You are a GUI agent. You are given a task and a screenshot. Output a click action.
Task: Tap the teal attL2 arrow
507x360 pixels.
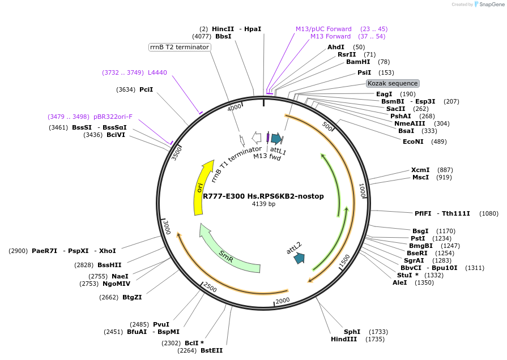pos(299,258)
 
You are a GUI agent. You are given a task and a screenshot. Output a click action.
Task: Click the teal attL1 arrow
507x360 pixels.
pos(276,138)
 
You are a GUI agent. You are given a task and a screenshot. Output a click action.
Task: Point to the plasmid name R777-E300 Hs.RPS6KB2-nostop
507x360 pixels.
pos(263,196)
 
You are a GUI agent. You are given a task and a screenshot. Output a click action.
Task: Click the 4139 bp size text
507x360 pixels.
pos(263,204)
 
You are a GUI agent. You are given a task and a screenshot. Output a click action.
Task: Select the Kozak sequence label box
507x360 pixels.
pos(393,83)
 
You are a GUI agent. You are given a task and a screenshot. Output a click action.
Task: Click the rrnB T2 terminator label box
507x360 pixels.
pos(180,47)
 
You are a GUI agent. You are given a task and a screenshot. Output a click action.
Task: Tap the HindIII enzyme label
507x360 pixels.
pos(344,339)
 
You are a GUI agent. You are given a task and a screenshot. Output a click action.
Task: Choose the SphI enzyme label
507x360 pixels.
pos(352,332)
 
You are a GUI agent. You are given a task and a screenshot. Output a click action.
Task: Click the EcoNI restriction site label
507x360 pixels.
pos(413,142)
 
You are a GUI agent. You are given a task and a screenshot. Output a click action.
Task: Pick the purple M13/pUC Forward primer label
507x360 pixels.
pos(323,29)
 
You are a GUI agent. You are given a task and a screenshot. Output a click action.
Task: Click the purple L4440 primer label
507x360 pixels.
pos(157,72)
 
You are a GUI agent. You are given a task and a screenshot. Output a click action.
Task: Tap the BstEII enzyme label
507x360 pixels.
pos(211,350)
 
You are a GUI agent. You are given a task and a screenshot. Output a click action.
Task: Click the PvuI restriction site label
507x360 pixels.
pos(161,324)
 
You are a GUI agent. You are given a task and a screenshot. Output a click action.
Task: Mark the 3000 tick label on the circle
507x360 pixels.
pos(167,227)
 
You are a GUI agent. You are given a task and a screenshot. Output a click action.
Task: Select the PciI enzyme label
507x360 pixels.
pos(146,89)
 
